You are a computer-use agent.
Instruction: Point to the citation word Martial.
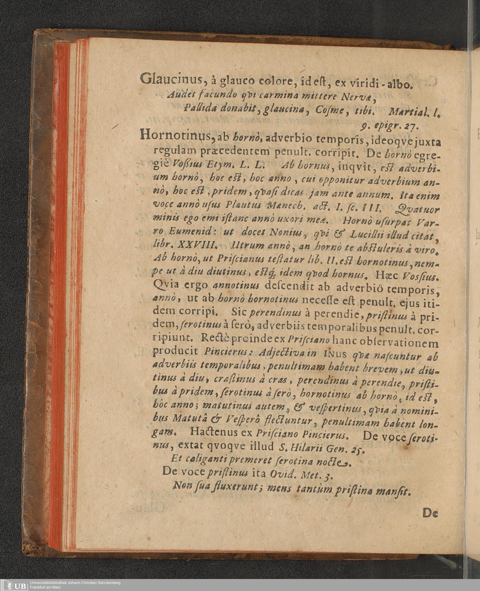[407, 111]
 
